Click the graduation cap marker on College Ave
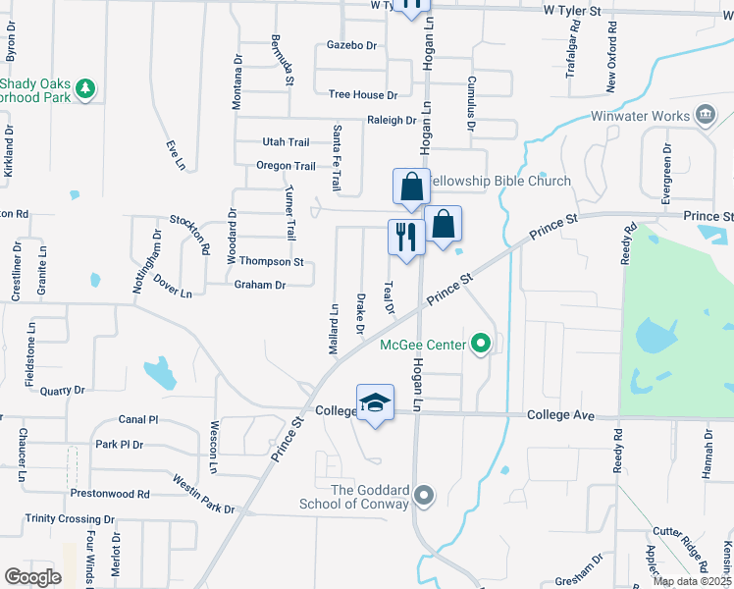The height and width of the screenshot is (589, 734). [375, 403]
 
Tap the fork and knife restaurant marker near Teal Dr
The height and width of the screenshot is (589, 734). [406, 236]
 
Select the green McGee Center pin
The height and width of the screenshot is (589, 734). [480, 344]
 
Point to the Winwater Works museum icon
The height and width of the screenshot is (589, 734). [705, 116]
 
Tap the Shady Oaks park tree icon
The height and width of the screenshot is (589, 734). [86, 89]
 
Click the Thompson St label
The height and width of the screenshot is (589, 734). [272, 262]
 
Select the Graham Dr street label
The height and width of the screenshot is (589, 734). [259, 286]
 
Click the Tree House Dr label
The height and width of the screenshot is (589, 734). [363, 95]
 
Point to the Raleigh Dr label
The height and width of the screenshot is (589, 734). [392, 120]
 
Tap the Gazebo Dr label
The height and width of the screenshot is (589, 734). [351, 45]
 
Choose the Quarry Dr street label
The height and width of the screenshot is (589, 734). [63, 390]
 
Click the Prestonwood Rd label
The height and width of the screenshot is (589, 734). [109, 494]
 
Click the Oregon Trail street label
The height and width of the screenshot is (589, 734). [286, 166]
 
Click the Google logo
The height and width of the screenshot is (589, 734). [32, 576]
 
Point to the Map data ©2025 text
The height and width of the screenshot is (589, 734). [692, 582]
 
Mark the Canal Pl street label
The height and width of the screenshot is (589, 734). [138, 419]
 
